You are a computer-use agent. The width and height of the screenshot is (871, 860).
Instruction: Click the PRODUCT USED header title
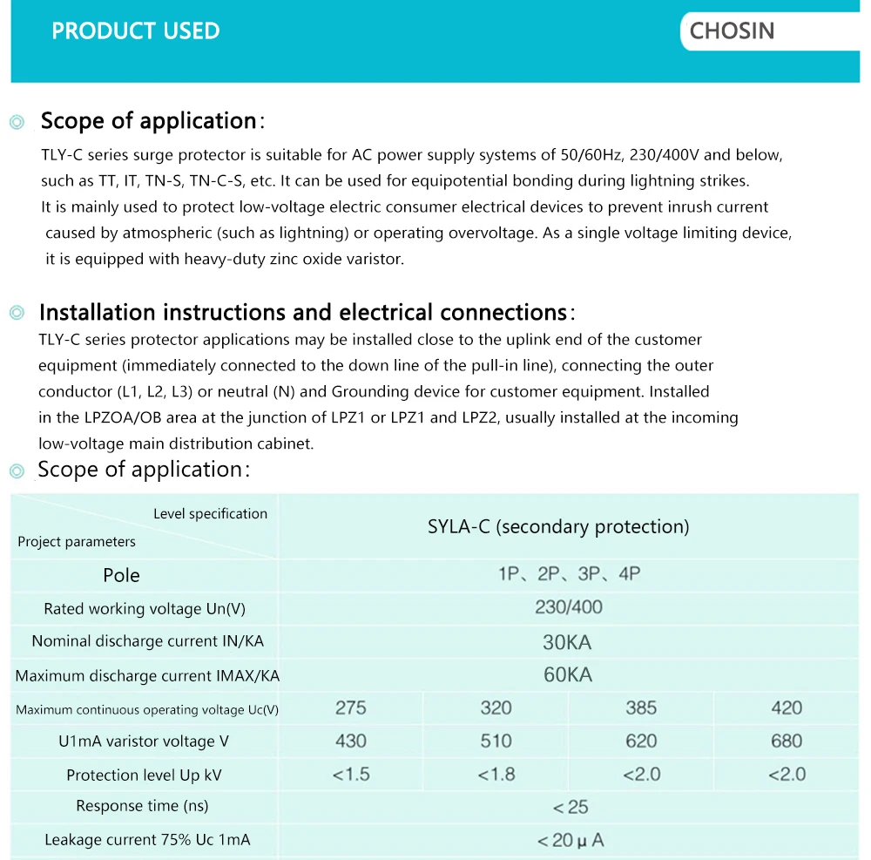coord(136,31)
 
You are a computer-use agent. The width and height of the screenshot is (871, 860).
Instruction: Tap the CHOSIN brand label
coord(732,31)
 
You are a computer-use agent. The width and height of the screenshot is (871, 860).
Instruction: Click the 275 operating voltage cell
coord(351,708)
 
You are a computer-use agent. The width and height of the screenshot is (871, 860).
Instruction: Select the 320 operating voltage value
coord(496,708)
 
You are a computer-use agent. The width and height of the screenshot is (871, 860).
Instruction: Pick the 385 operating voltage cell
coord(641,708)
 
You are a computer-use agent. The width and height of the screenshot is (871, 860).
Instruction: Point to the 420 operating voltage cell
coord(787,708)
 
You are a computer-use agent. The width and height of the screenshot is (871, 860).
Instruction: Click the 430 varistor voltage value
coord(351,741)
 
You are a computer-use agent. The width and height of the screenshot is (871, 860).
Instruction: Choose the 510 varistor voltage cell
coord(496,741)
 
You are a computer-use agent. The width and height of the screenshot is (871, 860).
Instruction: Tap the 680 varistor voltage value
coord(787,741)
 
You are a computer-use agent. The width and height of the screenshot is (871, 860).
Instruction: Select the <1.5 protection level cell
coord(351,774)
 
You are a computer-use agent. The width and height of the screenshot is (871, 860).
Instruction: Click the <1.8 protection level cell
coord(496,774)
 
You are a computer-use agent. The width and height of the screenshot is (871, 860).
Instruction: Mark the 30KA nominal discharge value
coord(567,642)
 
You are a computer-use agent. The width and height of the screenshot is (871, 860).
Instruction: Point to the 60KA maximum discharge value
coord(567,674)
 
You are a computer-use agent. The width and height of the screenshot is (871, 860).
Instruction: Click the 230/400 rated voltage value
coord(568,607)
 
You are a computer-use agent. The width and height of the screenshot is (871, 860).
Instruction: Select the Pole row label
coord(121,575)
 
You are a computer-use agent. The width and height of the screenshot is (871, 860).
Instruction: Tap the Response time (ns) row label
coord(142,806)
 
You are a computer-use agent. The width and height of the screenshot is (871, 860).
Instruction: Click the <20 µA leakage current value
coord(570,840)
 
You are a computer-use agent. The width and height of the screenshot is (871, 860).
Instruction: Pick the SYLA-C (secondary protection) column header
coord(558,526)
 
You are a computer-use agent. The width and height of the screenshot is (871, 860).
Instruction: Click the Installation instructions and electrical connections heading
coord(302,312)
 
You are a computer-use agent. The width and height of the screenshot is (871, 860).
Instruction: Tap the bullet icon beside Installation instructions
coord(17,313)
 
